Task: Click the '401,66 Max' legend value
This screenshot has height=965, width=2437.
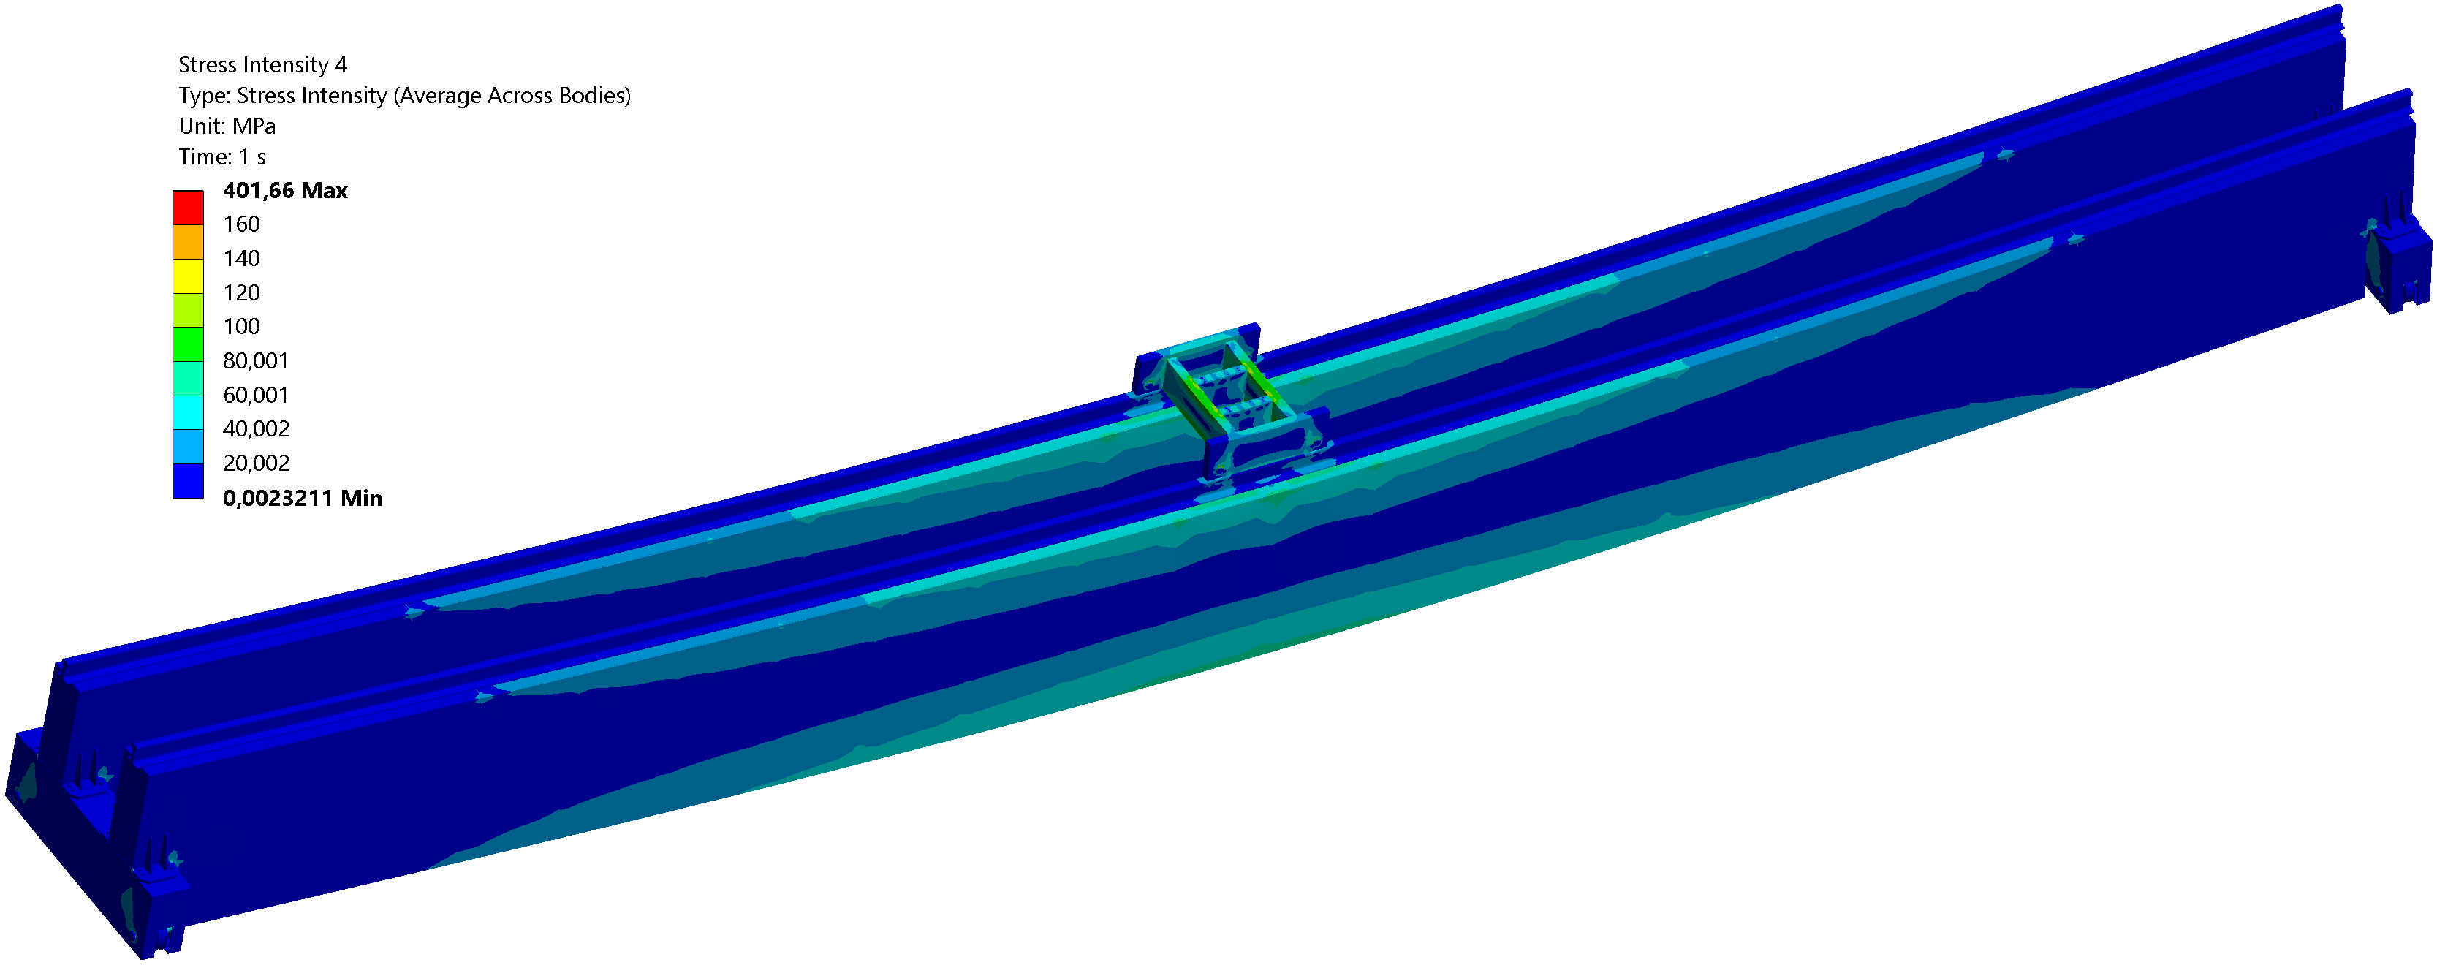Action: click(x=285, y=190)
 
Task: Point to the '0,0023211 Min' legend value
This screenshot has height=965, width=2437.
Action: click(x=302, y=498)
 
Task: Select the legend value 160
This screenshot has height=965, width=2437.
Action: click(x=241, y=224)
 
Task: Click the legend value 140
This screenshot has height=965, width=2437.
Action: click(x=241, y=258)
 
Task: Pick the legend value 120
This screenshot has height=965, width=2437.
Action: click(x=241, y=292)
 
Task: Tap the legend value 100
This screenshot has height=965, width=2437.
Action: click(x=241, y=326)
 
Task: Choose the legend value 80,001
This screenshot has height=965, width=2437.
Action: click(x=255, y=360)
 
